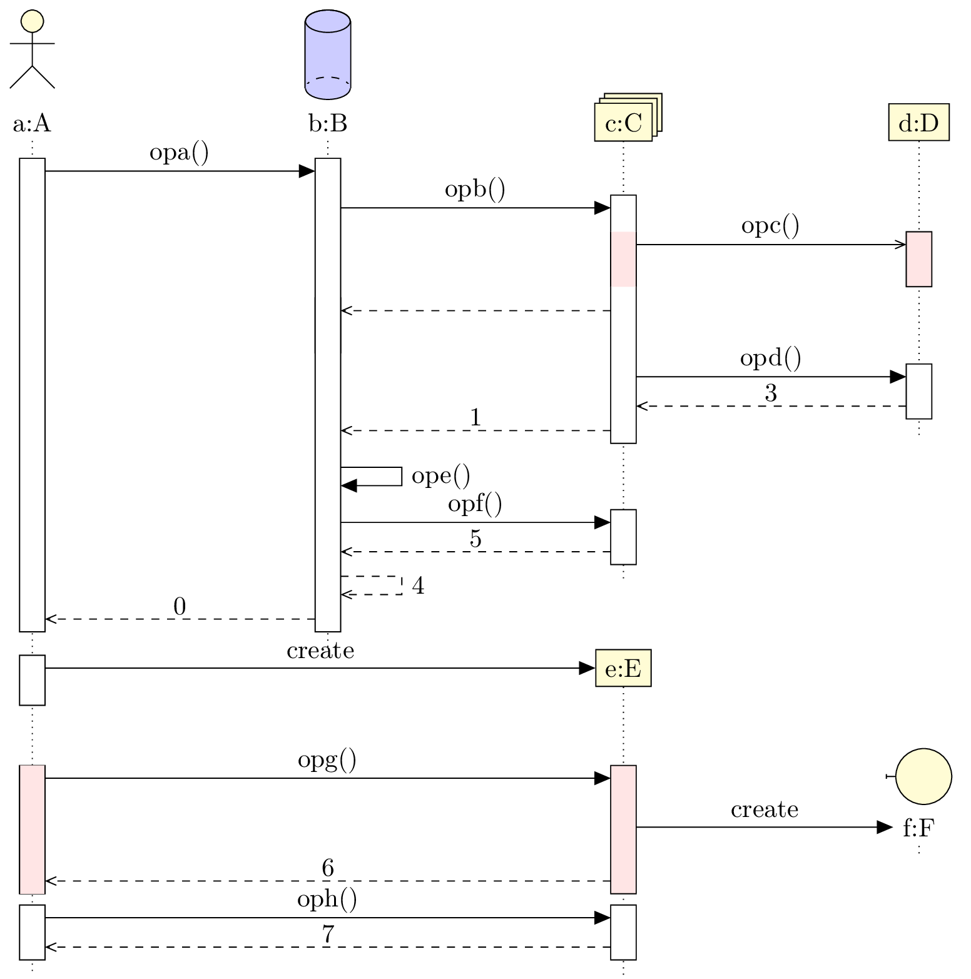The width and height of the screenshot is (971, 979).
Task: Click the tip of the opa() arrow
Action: pos(315,171)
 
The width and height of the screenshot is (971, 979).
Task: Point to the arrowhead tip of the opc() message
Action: pos(906,245)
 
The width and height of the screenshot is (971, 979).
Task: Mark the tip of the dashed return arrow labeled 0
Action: pos(46,619)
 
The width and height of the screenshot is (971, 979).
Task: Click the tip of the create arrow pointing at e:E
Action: pos(595,668)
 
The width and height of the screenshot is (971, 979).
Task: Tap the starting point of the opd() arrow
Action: pos(636,377)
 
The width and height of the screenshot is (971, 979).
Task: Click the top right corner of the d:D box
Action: pos(949,104)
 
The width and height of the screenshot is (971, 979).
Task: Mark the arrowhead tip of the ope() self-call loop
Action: pos(342,485)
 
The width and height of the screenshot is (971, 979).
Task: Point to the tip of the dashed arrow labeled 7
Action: pos(46,947)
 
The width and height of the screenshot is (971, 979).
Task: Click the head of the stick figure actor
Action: pos(32,21)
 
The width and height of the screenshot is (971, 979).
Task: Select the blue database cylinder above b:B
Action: pos(328,54)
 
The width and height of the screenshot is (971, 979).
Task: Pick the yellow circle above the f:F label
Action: pos(923,776)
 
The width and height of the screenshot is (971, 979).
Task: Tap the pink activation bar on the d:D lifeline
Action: pos(919,259)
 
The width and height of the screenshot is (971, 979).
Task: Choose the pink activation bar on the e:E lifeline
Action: pos(623,829)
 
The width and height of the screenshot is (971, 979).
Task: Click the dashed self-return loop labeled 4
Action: pos(372,586)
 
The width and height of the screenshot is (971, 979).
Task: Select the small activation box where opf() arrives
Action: pos(623,537)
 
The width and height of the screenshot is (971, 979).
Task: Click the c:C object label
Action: pos(624,124)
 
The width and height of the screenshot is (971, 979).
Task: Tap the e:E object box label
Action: pos(624,669)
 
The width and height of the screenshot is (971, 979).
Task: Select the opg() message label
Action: pos(327,760)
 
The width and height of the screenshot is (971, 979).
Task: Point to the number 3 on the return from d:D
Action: pos(771,393)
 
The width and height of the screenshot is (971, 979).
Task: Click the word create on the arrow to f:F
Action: pos(765,809)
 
